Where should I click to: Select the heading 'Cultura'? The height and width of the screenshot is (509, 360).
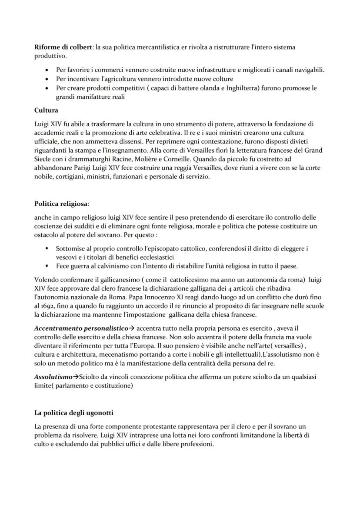(46, 110)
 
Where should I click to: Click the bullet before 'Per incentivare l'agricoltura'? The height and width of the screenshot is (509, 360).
(47, 79)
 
